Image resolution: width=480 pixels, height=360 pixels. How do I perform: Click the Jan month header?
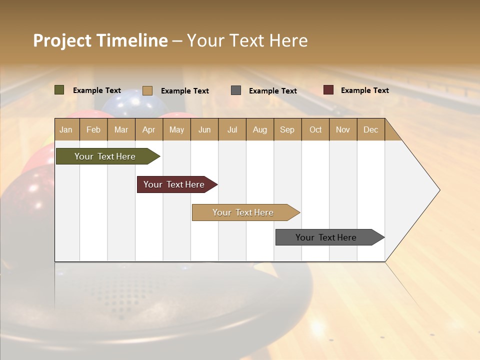(66, 130)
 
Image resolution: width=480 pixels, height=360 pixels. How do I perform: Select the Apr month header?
(148, 130)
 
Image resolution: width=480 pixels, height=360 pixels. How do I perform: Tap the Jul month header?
(232, 130)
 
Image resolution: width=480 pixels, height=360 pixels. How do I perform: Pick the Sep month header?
(287, 130)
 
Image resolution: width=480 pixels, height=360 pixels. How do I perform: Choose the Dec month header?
(370, 130)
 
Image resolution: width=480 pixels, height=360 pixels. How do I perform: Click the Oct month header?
(315, 130)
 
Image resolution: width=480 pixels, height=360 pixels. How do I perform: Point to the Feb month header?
(93, 130)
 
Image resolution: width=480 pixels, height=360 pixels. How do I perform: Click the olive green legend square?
(59, 90)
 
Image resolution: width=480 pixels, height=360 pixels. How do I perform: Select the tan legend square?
(147, 90)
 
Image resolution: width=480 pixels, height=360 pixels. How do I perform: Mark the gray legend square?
(236, 90)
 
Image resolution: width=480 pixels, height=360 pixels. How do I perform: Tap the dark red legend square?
(328, 90)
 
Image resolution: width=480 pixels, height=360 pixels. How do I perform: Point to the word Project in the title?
(62, 40)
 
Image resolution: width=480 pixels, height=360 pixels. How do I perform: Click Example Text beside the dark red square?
(364, 90)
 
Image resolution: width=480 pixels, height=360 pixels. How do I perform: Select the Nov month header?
(343, 130)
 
